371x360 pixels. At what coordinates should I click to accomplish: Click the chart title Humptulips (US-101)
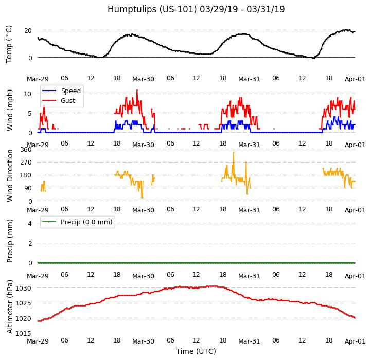click(196, 9)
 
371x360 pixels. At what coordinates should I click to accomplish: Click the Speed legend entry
click(70, 91)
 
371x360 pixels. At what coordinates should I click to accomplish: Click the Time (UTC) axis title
click(196, 351)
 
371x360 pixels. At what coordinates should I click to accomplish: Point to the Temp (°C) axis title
click(9, 44)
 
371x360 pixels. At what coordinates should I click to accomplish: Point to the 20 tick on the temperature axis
click(29, 30)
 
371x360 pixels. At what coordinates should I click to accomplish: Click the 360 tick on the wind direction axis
click(26, 150)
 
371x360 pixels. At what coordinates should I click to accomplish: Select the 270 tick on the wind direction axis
click(26, 163)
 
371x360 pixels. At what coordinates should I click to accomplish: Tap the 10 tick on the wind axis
click(29, 94)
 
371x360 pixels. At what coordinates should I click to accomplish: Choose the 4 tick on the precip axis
click(30, 223)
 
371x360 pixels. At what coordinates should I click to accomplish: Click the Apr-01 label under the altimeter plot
click(355, 341)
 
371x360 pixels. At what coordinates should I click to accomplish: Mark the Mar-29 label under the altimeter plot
click(38, 341)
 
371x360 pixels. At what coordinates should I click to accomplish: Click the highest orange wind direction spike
click(234, 152)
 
